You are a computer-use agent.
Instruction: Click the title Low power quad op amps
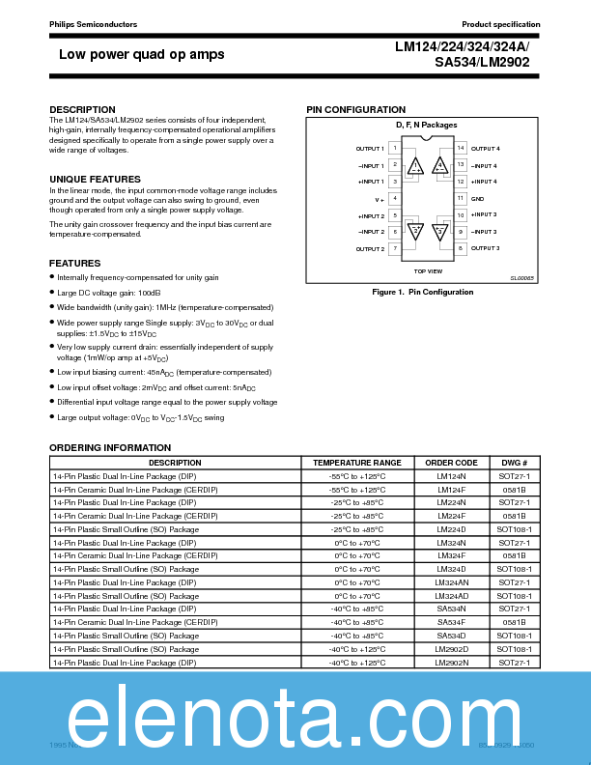(x=141, y=54)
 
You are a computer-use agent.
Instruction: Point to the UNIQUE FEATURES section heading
(x=95, y=180)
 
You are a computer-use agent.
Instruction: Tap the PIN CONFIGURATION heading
(x=355, y=109)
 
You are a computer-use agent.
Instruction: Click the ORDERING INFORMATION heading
(x=110, y=448)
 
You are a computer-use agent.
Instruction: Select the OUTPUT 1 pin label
(x=370, y=149)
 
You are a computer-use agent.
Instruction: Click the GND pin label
(x=477, y=198)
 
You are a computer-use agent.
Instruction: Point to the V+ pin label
(x=380, y=198)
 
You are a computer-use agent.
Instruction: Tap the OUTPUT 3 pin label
(x=485, y=248)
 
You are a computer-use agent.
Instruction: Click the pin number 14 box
(x=461, y=149)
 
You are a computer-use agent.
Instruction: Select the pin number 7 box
(x=395, y=248)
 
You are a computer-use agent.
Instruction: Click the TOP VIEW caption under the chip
(x=428, y=271)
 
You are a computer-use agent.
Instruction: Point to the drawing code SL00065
(x=522, y=278)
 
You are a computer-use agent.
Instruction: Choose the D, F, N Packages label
(x=426, y=126)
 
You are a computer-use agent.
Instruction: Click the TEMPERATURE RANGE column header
(x=357, y=463)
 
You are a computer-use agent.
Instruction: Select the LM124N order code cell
(x=451, y=476)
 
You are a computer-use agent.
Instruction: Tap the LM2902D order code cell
(x=451, y=649)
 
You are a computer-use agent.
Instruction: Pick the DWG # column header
(x=514, y=463)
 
